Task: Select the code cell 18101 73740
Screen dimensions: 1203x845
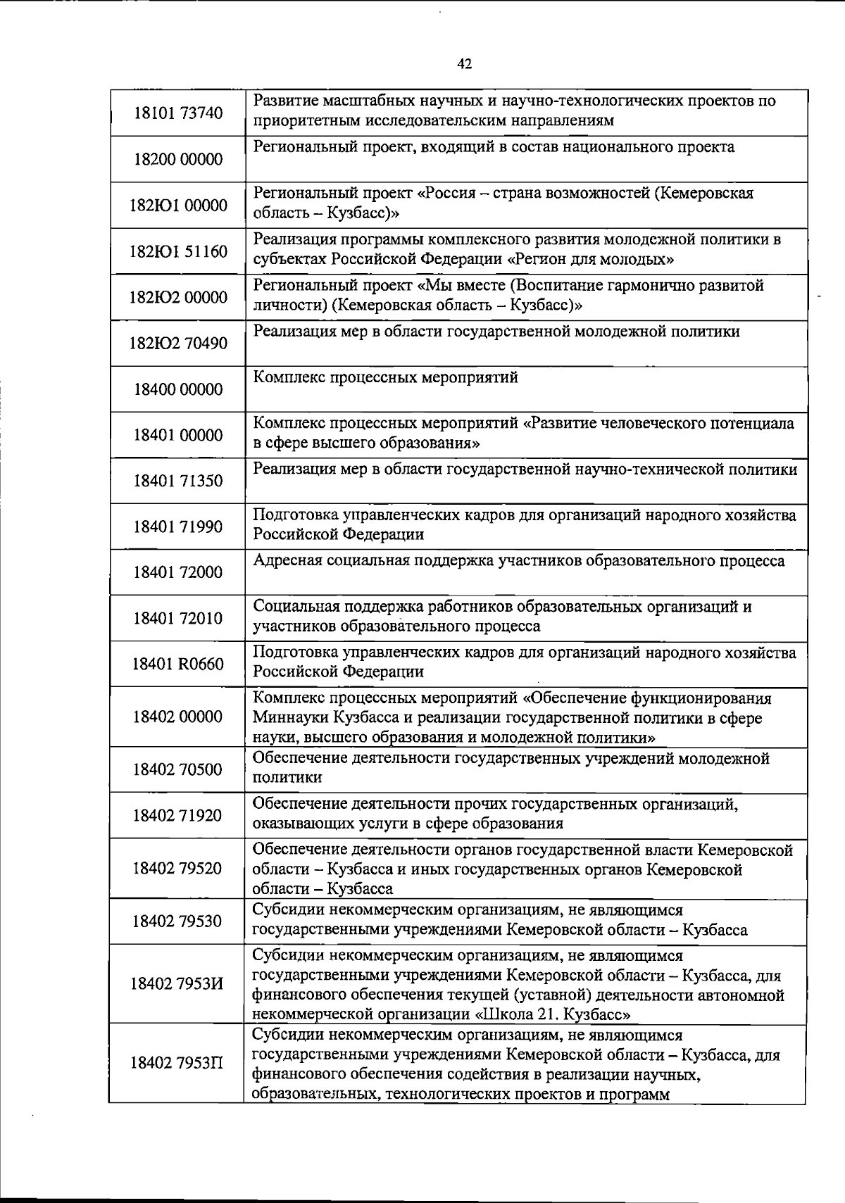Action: click(178, 113)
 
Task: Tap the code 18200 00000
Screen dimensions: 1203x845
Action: click(178, 159)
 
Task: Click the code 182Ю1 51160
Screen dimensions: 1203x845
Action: click(178, 251)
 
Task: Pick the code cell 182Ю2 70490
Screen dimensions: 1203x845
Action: click(178, 344)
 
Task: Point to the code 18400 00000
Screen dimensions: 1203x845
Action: click(178, 389)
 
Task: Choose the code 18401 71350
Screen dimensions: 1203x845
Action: click(178, 481)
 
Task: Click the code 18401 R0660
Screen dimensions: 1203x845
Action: click(178, 664)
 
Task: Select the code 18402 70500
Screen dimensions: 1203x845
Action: click(178, 769)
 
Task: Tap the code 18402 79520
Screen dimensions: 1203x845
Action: click(178, 868)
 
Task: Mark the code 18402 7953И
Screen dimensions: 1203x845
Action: click(178, 983)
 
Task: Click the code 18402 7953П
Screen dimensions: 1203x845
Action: click(178, 1062)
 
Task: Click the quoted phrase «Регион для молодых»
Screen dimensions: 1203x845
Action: click(590, 259)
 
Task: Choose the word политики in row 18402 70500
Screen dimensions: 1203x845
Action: click(287, 778)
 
